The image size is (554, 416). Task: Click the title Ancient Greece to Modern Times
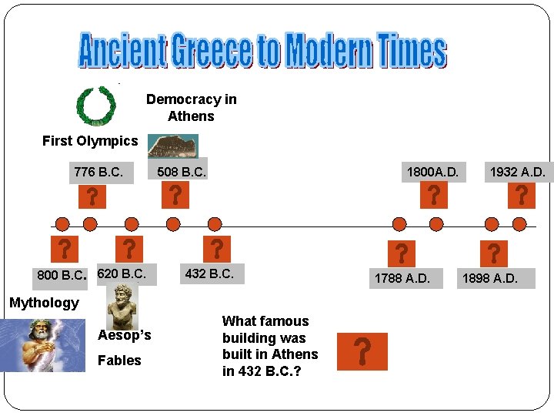(262, 50)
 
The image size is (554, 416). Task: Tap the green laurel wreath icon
(96, 106)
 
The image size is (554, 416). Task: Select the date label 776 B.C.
(98, 173)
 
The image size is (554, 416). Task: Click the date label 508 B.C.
(182, 172)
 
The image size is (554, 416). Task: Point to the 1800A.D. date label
(432, 173)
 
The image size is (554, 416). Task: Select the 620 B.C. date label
(122, 273)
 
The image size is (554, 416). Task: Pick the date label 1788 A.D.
(402, 277)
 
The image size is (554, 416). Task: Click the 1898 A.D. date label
(489, 277)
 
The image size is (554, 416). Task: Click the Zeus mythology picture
(43, 345)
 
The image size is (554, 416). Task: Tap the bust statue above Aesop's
(122, 305)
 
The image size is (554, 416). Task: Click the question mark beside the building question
(362, 351)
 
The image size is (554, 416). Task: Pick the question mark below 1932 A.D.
(521, 195)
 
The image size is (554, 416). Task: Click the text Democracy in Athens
(191, 108)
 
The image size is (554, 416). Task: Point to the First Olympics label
(90, 140)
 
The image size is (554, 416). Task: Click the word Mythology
(44, 303)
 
